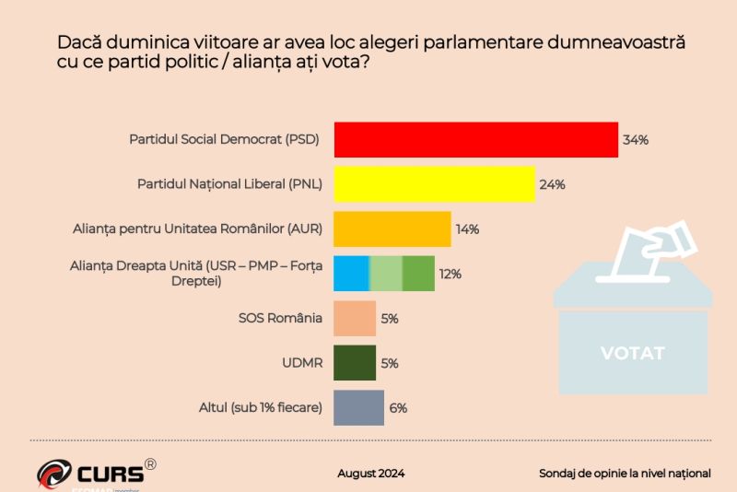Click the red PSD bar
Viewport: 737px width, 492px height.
click(x=474, y=139)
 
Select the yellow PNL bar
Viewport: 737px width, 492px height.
click(x=434, y=184)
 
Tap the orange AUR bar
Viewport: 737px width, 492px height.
click(x=392, y=228)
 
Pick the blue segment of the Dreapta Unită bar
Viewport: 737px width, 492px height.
click(x=351, y=273)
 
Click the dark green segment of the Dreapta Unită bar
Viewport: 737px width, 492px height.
click(x=418, y=273)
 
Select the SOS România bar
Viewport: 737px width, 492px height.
click(x=355, y=318)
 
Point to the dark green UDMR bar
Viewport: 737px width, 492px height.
click(x=355, y=362)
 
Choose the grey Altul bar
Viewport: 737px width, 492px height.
click(x=358, y=407)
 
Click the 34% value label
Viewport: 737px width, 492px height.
click(x=636, y=140)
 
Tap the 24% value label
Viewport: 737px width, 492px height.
click(x=553, y=184)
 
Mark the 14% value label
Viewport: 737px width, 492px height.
click(x=467, y=229)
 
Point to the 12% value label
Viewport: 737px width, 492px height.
click(x=450, y=274)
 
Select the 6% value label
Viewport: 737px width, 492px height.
click(x=398, y=407)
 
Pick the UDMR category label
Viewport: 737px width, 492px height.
click(x=302, y=363)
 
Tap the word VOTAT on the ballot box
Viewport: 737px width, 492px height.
click(x=632, y=353)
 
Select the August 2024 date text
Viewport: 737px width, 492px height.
click(x=371, y=474)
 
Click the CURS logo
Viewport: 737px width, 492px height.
click(x=92, y=474)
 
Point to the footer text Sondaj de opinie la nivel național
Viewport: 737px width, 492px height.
click(x=625, y=474)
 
